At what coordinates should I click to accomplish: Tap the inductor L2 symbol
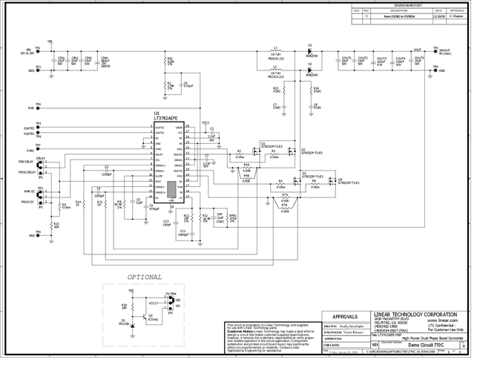coord(275,71)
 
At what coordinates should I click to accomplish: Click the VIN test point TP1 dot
coord(39,50)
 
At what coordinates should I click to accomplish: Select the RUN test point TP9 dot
coord(39,108)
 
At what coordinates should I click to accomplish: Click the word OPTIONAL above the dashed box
coord(145,278)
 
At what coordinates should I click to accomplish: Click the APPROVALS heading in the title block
coord(342,315)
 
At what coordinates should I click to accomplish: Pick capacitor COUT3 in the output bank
coord(381,62)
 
